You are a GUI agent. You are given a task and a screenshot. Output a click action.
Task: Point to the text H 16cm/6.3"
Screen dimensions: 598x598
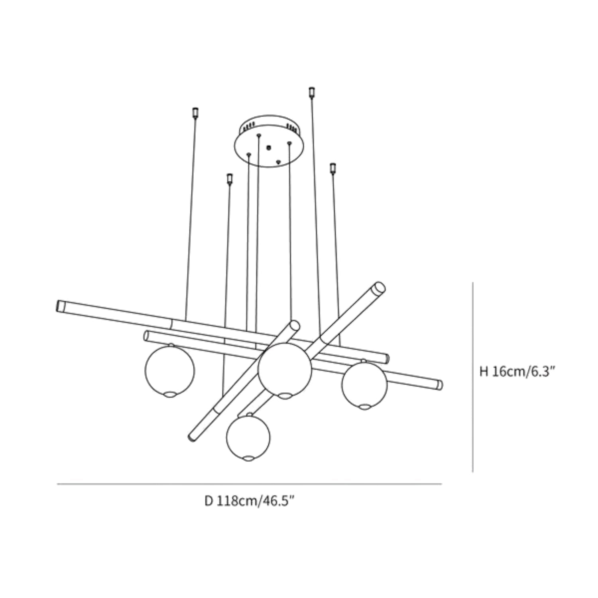coord(517,372)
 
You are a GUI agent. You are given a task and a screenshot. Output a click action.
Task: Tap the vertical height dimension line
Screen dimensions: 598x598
coord(473,377)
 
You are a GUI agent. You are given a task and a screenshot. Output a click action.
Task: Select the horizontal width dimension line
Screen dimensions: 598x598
coord(250,484)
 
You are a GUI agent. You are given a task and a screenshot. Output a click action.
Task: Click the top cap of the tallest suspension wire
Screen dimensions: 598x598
coord(312,92)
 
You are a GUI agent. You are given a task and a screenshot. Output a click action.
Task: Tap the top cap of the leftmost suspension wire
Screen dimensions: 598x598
coord(195,112)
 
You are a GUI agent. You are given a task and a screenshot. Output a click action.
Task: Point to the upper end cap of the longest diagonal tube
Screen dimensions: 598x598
coord(379,288)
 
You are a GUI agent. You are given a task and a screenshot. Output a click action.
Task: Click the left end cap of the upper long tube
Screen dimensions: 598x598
coord(61,306)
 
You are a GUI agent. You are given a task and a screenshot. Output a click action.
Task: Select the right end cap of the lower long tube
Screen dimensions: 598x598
coord(439,385)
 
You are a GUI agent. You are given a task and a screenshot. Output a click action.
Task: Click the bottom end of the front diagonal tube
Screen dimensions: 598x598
coord(192,437)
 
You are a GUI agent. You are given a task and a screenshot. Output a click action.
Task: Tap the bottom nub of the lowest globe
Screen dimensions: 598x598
coord(248,458)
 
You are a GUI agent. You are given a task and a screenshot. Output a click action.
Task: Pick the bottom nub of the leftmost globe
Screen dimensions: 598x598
coord(169,394)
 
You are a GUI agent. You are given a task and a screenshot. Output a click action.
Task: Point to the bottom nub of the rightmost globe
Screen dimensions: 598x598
coord(364,407)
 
